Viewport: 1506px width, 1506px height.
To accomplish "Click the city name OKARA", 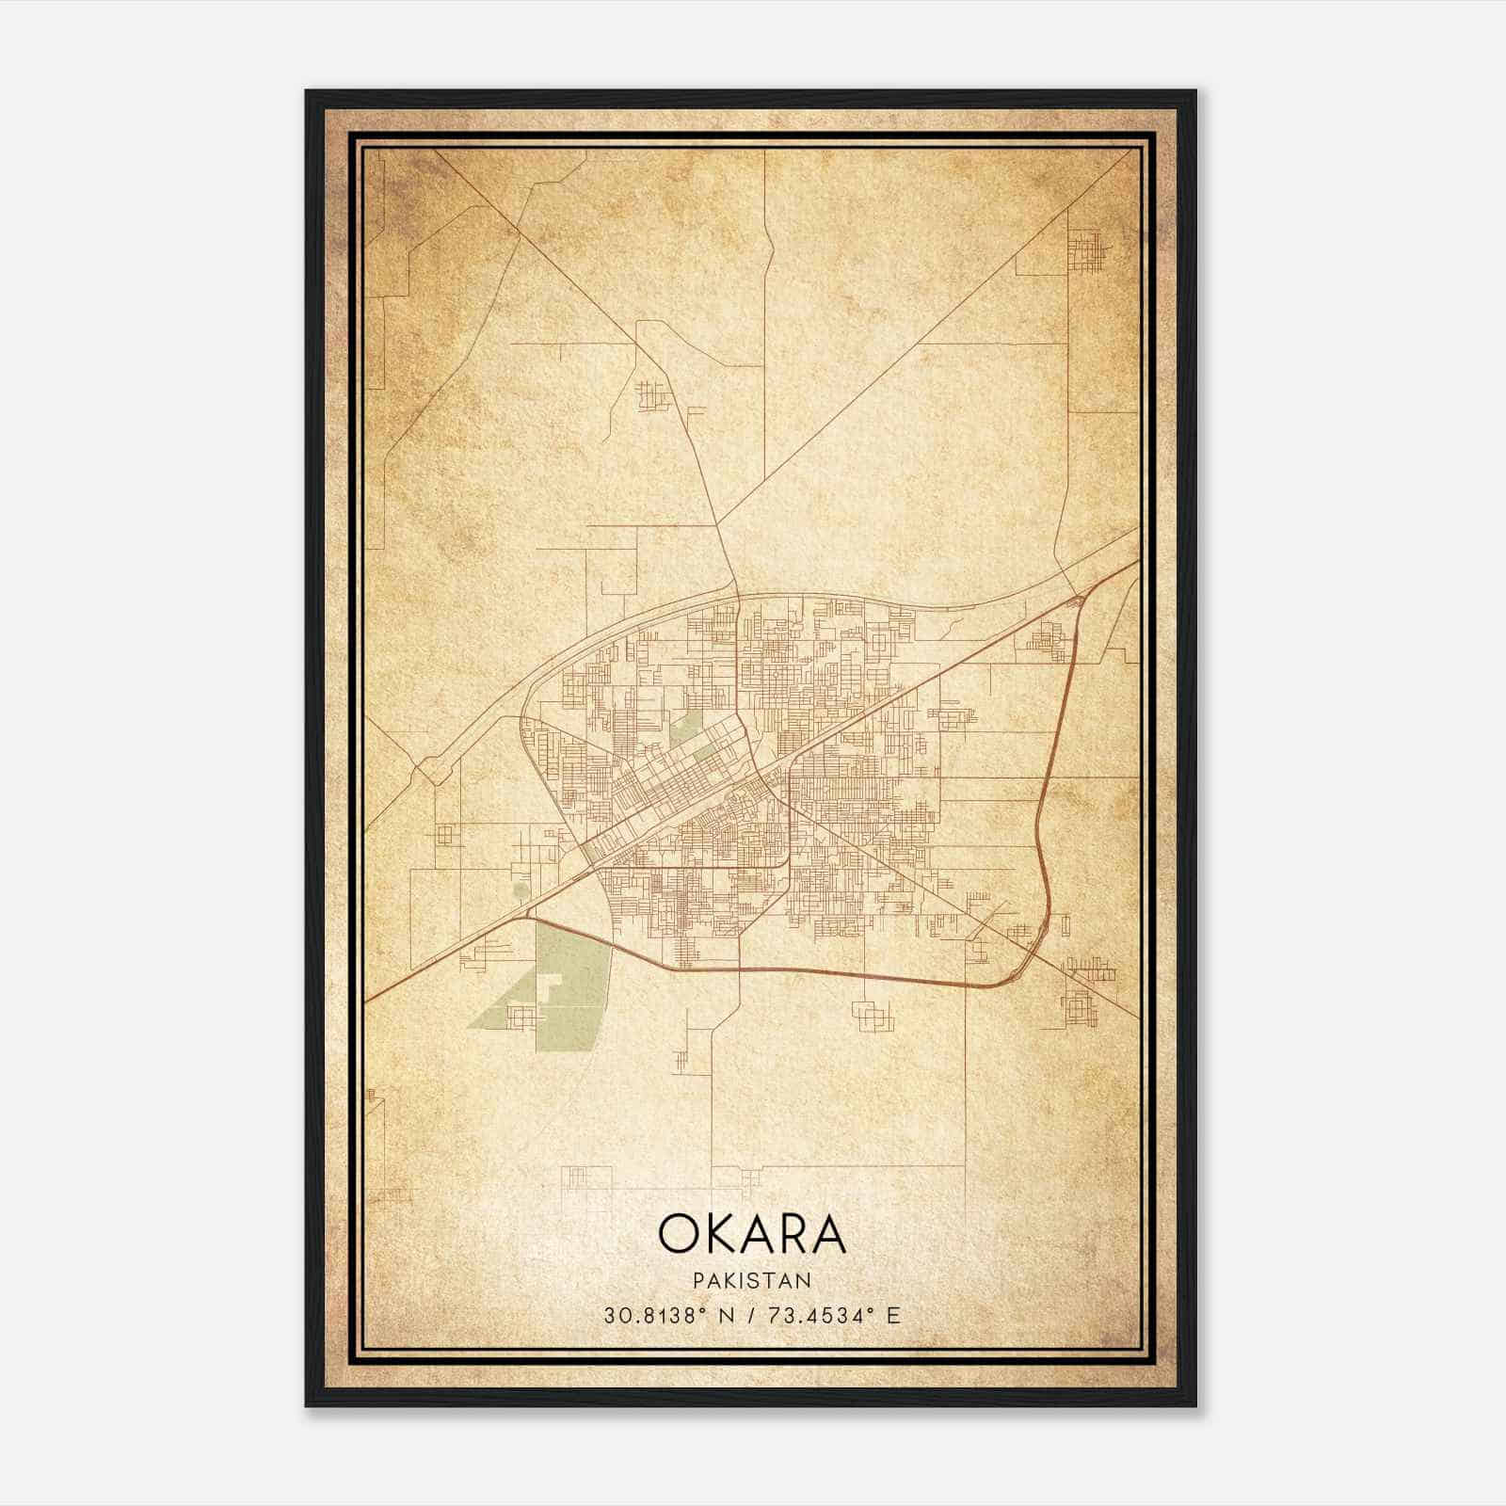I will click(x=751, y=1234).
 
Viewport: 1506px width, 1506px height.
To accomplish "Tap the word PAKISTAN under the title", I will click(x=751, y=1280).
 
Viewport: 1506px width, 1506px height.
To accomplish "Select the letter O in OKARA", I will click(x=678, y=1234).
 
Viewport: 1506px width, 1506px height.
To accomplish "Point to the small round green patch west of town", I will click(x=521, y=889).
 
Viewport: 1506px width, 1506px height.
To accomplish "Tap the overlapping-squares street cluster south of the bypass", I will click(x=870, y=1014).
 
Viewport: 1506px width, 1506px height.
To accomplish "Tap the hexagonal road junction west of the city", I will click(x=433, y=770).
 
